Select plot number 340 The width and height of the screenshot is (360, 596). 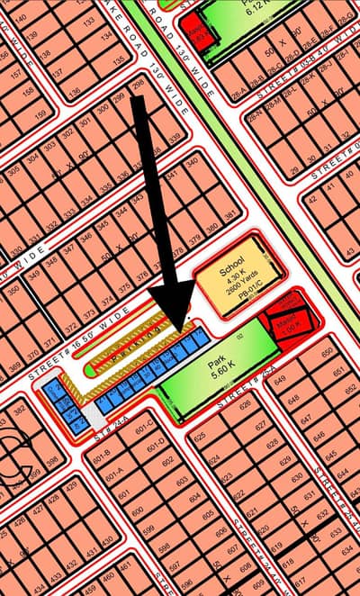[192, 163]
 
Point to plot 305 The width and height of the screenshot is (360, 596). [13, 170]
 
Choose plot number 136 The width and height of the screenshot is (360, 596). [74, 91]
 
